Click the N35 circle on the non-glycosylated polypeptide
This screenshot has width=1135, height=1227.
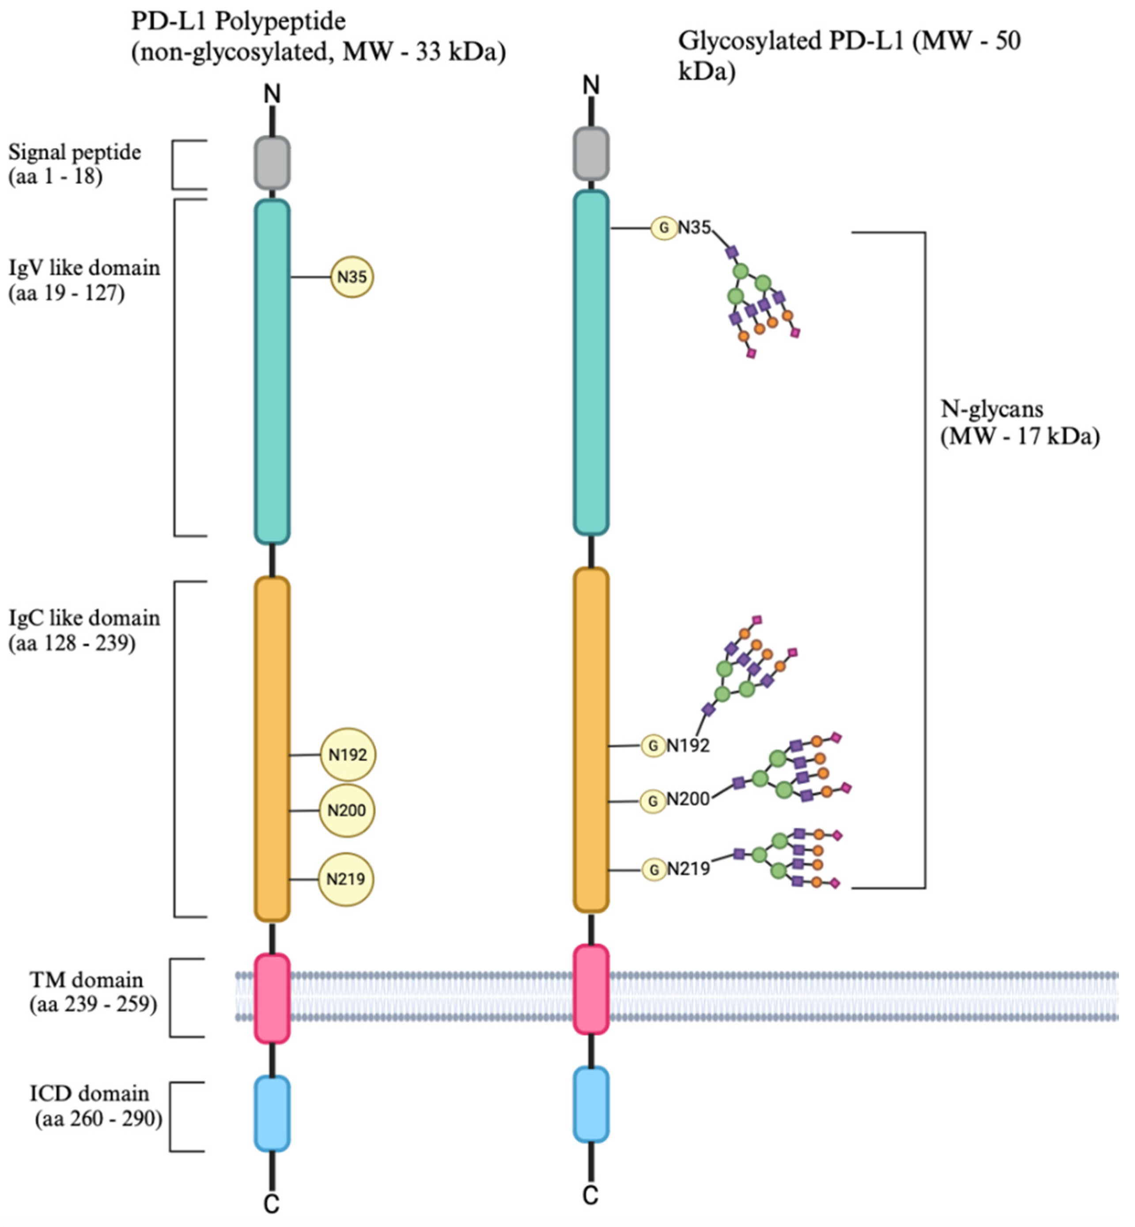352,277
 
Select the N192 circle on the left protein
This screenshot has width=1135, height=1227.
348,755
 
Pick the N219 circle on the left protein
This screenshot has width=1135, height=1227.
346,879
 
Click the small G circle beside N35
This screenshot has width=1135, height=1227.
664,228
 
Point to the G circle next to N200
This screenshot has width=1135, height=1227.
653,801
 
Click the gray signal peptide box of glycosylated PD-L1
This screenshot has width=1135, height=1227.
591,154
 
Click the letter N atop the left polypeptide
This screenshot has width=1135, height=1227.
272,94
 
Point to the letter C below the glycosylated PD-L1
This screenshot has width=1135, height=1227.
590,1196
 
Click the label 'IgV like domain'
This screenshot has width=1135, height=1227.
84,268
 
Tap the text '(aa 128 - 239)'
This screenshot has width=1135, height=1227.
72,643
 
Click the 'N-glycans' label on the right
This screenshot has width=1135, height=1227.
991,409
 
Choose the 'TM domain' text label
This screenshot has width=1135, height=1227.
86,980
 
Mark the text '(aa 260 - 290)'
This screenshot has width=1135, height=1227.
98,1119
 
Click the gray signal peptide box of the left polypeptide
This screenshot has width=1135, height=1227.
272,163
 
